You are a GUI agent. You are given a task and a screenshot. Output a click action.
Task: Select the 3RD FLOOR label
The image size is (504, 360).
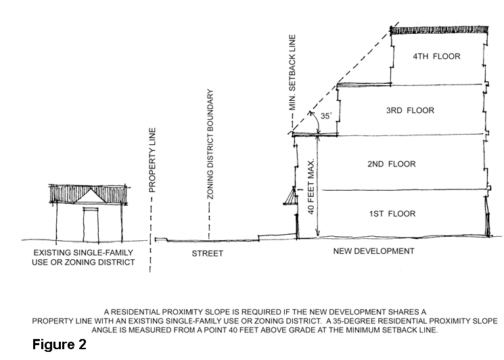[x=410, y=110]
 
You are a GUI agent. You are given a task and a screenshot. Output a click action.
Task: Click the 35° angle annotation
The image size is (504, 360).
[x=326, y=116]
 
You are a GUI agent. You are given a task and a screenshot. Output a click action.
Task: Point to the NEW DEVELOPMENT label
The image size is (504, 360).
[x=374, y=251]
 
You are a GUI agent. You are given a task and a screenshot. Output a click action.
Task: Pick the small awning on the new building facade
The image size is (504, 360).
[x=290, y=196]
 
